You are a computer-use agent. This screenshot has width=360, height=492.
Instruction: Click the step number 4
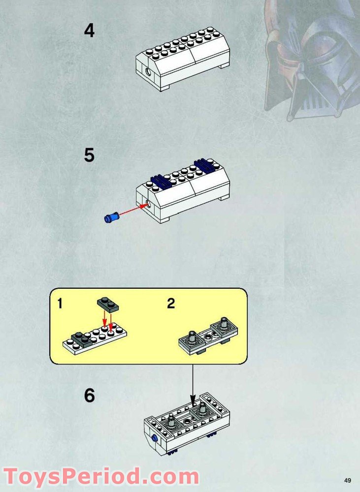click(x=89, y=31)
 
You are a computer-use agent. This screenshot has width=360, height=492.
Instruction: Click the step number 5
click(x=89, y=155)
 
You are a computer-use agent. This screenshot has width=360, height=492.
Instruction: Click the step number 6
click(x=89, y=396)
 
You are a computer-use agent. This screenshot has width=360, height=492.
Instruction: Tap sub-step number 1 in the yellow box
click(x=60, y=304)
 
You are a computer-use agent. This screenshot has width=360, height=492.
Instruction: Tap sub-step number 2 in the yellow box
click(x=171, y=304)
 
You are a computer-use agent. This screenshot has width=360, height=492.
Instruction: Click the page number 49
click(x=347, y=480)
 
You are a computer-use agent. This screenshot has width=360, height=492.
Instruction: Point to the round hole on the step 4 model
click(x=148, y=72)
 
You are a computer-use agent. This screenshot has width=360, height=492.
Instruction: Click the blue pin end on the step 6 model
click(x=155, y=438)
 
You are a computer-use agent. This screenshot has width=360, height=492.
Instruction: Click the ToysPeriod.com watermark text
click(x=100, y=477)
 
